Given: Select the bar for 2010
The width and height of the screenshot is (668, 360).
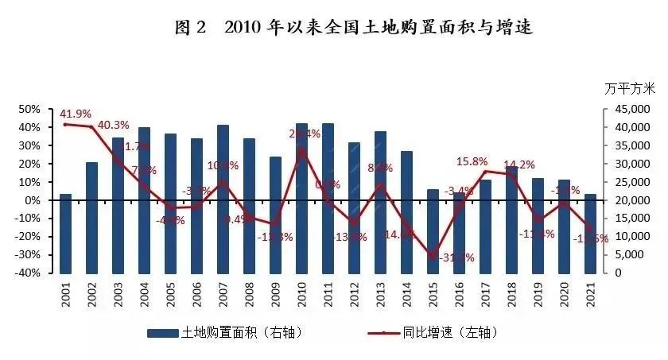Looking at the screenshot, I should pyautogui.click(x=302, y=198).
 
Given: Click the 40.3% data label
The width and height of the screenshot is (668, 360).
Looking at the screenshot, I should pyautogui.click(x=114, y=125).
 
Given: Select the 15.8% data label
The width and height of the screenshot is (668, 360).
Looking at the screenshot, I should pyautogui.click(x=472, y=161).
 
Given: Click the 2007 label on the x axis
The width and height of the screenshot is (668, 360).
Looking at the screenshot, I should pyautogui.click(x=223, y=298).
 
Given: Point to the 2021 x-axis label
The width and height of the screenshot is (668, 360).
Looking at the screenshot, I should pyautogui.click(x=589, y=298).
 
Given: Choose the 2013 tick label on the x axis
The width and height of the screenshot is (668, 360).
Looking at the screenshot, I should pyautogui.click(x=380, y=298).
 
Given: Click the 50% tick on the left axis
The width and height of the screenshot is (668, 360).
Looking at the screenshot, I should pyautogui.click(x=29, y=109).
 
